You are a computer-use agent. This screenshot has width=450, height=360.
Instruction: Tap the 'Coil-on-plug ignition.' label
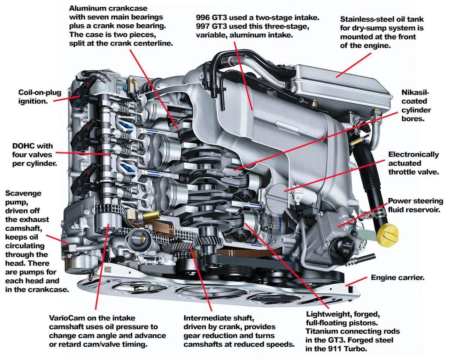(34, 96)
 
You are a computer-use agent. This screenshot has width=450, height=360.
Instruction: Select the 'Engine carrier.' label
(398, 278)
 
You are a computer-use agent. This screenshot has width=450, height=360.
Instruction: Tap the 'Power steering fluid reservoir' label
(416, 205)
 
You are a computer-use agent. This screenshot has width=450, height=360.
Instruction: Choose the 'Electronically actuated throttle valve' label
(413, 163)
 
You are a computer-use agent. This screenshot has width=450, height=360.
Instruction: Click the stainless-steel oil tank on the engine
(340, 83)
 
